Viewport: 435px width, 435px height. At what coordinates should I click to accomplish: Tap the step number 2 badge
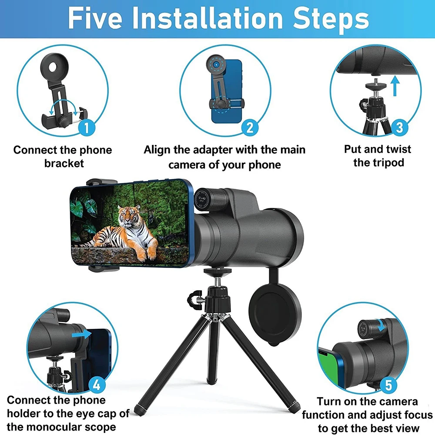pyautogui.click(x=250, y=127)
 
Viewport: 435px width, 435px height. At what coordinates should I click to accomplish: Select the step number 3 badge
pyautogui.click(x=399, y=127)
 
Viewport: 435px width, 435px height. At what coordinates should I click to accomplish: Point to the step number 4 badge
pyautogui.click(x=97, y=385)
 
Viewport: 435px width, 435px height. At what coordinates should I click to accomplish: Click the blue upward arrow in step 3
pyautogui.click(x=395, y=86)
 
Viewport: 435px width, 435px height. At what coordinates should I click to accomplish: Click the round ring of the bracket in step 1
pyautogui.click(x=56, y=69)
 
